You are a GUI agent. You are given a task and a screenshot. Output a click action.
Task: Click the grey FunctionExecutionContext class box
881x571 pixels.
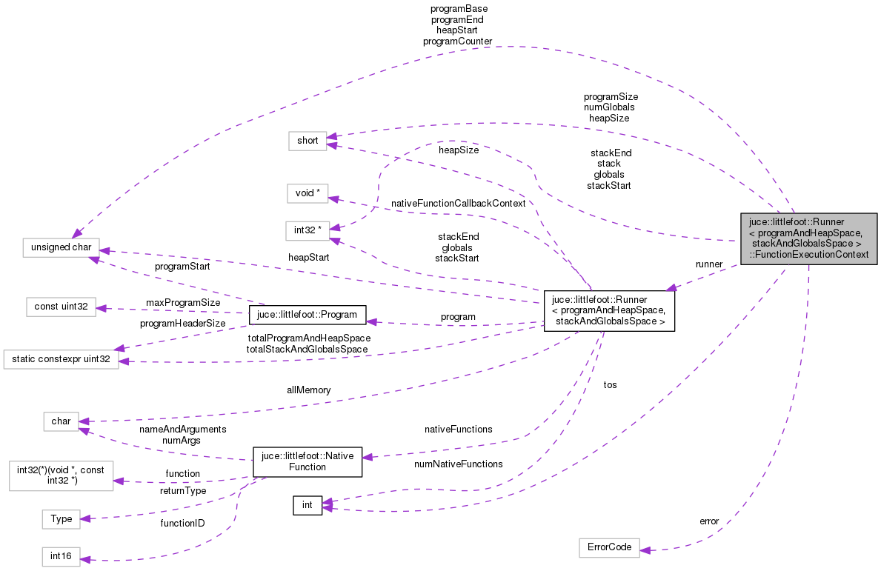coord(808,238)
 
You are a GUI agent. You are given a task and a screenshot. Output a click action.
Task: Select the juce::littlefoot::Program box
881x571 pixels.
coord(307,315)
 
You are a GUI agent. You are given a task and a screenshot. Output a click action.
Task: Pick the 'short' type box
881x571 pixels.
coord(307,140)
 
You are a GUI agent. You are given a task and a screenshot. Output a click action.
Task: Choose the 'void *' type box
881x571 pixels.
coord(307,193)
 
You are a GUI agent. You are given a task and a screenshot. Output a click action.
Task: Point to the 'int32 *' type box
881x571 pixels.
coord(307,230)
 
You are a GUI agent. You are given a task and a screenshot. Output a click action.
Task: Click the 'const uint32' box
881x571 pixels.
coord(61,307)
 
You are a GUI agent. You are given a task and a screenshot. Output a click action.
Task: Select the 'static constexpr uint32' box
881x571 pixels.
coord(61,360)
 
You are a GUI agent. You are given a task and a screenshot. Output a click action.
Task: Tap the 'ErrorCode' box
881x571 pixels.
coord(608,547)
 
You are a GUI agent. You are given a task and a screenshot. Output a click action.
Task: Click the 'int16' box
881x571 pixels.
coord(61,556)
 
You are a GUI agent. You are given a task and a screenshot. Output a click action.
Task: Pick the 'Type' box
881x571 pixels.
coord(61,519)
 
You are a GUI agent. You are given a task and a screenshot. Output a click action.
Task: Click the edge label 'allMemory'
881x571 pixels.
coord(308,390)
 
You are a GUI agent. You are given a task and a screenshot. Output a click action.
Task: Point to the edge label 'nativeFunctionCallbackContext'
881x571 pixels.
coord(457,203)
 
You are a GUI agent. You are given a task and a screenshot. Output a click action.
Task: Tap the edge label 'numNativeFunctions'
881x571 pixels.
coord(459,464)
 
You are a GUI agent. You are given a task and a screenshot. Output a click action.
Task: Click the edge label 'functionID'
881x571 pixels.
coord(182,524)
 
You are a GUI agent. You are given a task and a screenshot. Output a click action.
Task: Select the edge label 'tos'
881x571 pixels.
coord(610,385)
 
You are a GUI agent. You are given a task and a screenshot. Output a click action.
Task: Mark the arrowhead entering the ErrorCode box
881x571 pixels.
coord(644,550)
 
